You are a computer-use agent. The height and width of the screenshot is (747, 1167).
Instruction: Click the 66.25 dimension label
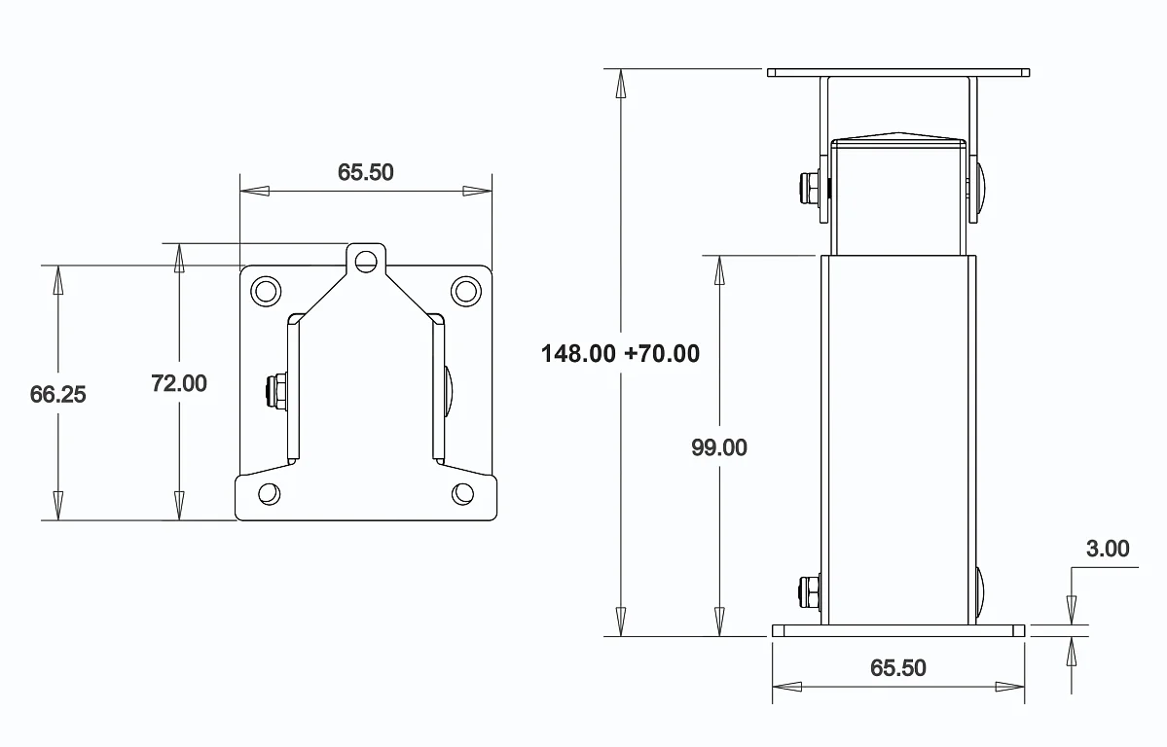point(58,394)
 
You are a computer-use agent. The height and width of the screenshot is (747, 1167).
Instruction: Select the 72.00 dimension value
point(179,383)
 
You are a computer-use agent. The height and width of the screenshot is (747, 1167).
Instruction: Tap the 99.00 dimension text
point(719,447)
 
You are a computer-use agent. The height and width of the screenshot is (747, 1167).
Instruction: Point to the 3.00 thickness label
point(1108,549)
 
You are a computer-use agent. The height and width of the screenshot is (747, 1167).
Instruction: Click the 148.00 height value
point(578,353)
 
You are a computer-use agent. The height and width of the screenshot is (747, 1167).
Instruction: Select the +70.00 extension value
point(662,353)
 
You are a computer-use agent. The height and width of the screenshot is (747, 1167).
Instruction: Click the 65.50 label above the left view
point(365,172)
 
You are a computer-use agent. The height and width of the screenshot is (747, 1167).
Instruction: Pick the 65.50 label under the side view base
point(898,667)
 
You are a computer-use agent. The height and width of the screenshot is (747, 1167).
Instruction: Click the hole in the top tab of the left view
point(365,261)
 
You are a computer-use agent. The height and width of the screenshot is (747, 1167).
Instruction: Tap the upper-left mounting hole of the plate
point(266,291)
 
